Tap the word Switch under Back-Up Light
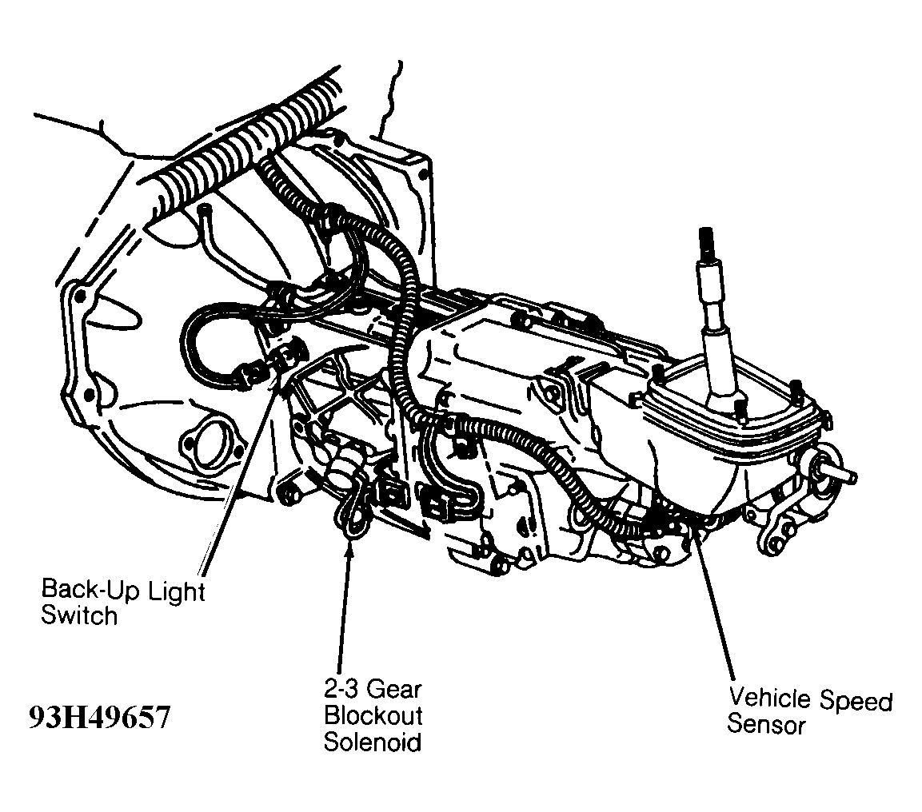(79, 616)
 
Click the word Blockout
(372, 715)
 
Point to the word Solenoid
(372, 742)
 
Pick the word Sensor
(765, 725)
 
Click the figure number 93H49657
(99, 717)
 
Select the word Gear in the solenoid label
(395, 689)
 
